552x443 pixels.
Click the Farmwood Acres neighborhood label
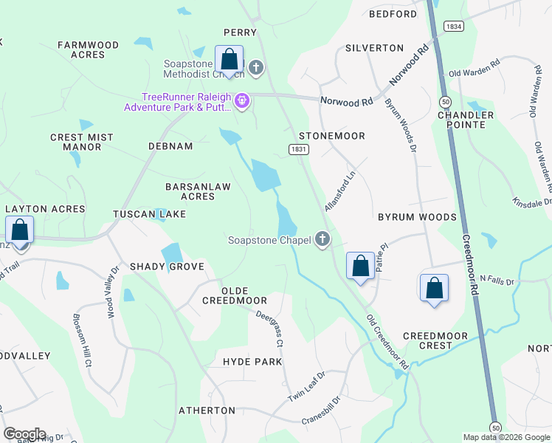point(88,49)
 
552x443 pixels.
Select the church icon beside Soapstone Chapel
point(322,239)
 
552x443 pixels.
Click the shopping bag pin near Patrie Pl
point(360,267)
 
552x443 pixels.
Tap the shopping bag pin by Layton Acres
point(19,230)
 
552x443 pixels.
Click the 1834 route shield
point(453,27)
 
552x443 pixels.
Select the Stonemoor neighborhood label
point(331,136)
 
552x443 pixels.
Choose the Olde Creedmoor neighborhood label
point(235,295)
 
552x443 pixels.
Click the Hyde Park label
point(252,362)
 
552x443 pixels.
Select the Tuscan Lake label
point(149,214)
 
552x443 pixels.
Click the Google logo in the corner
point(24,434)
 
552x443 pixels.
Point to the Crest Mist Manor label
point(82,142)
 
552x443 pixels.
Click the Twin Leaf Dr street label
point(306,387)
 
